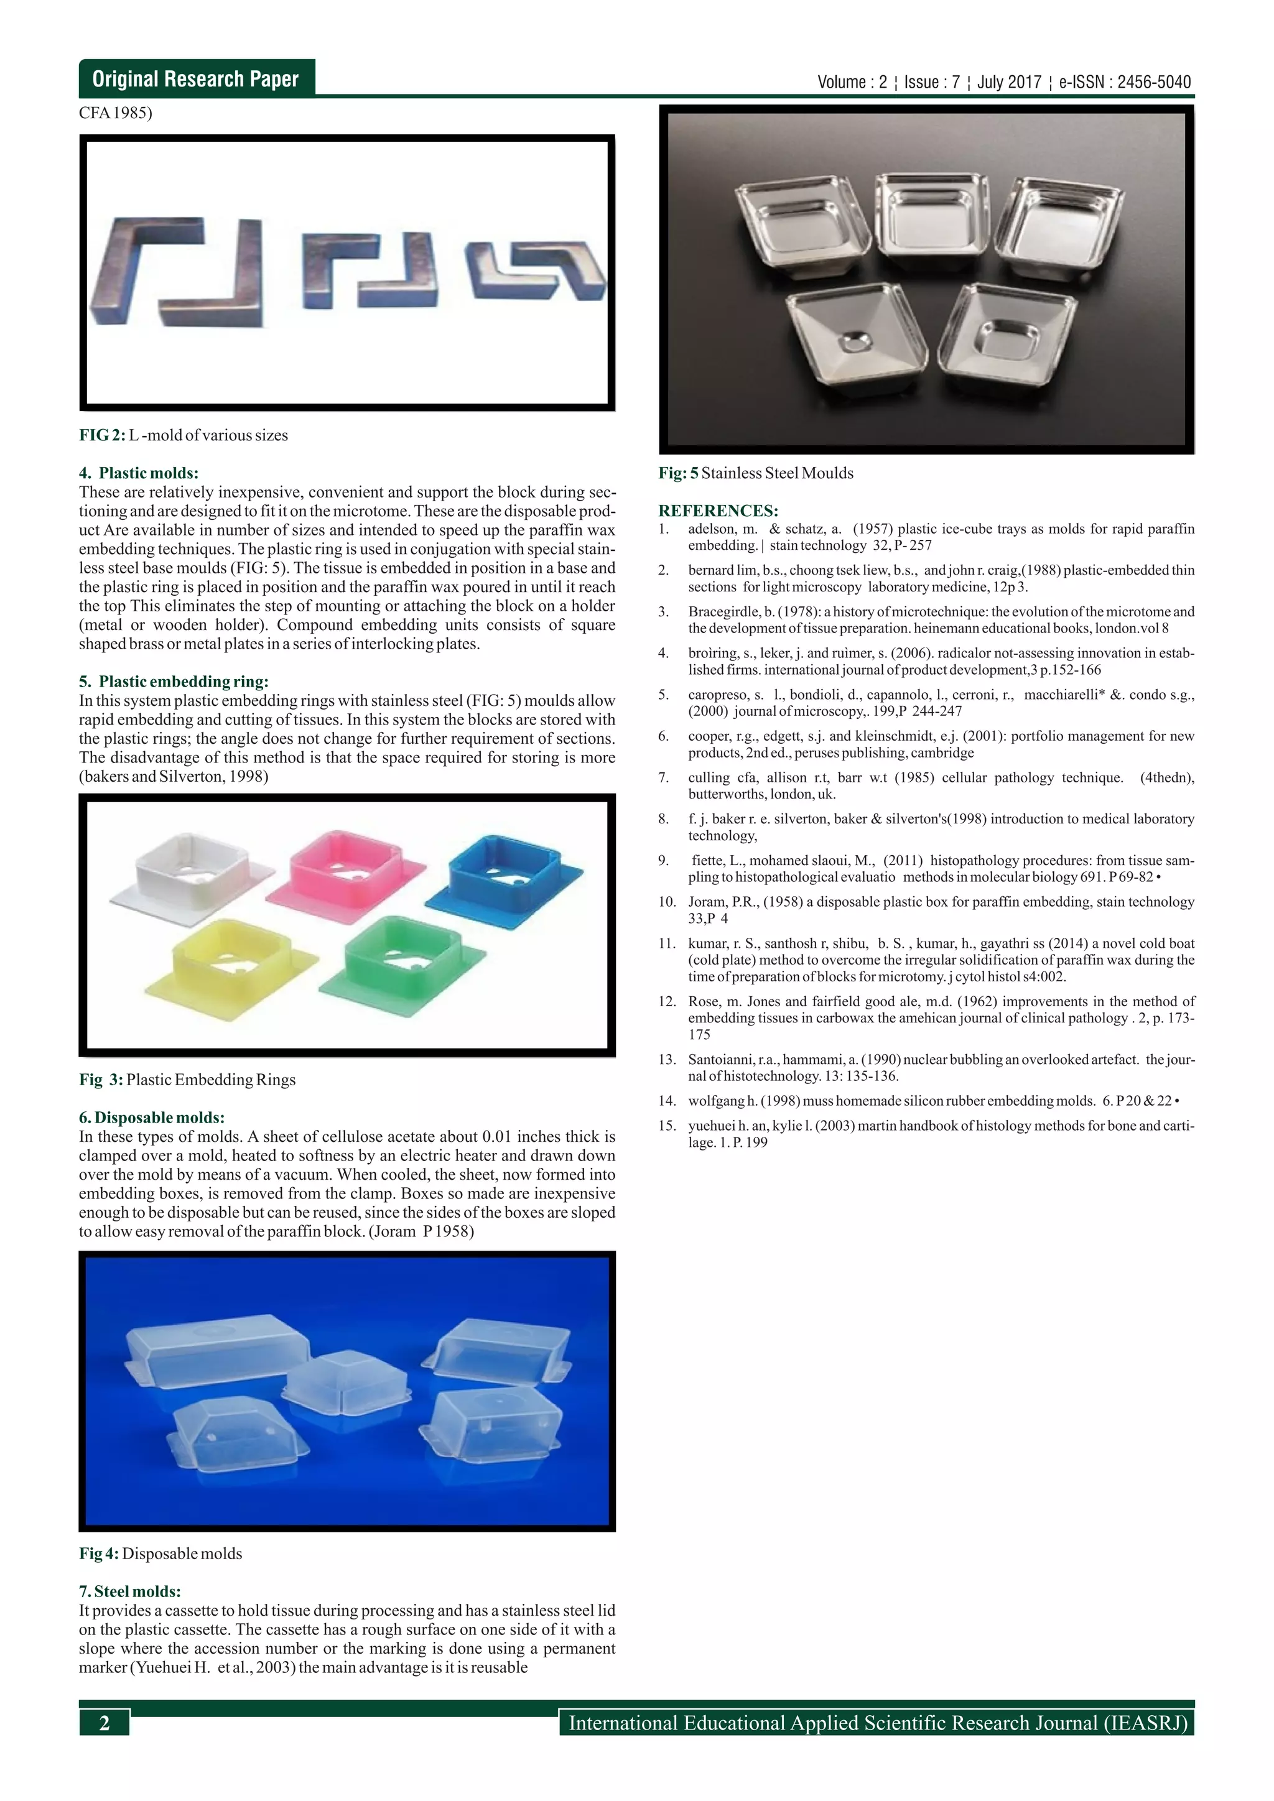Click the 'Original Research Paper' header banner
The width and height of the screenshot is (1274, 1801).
195,78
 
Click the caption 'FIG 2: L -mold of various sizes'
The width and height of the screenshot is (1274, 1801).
183,435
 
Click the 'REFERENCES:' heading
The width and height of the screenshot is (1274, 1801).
718,511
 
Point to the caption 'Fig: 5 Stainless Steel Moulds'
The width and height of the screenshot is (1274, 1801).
755,473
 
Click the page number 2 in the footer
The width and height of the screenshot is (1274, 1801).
105,1723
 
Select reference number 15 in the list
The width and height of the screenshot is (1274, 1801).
667,1126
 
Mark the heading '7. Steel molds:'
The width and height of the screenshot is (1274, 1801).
129,1591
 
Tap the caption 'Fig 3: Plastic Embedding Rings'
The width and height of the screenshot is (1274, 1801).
187,1080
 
